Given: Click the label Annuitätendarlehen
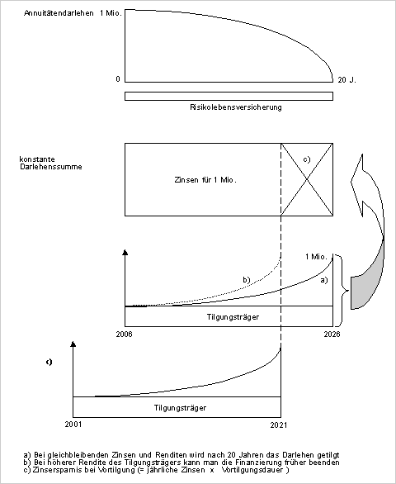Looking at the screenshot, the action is click(x=59, y=13).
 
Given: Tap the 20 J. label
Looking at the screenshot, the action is click(x=346, y=80).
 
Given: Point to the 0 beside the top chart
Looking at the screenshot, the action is click(x=118, y=79).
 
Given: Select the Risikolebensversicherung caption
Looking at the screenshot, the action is click(x=236, y=107).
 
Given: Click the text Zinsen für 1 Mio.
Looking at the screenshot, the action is click(x=205, y=180).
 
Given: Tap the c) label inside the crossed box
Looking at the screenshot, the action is click(x=307, y=159).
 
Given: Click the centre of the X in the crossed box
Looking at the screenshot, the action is click(x=307, y=179).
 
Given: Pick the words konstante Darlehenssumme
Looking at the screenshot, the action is click(x=51, y=163).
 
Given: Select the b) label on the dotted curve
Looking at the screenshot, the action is click(x=247, y=280).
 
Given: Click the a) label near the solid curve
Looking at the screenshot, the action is click(x=324, y=280).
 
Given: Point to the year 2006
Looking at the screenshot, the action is click(x=124, y=334).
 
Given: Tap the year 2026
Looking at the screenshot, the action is click(x=332, y=334).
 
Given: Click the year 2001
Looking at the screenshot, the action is click(x=73, y=425).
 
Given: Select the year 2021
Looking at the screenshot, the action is click(x=279, y=425).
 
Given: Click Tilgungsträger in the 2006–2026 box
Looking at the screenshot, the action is click(x=233, y=317).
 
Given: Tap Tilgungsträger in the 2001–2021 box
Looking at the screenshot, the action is click(x=180, y=408).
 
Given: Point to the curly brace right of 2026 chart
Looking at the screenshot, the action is click(x=342, y=290).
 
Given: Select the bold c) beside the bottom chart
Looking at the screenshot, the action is click(x=49, y=362).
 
